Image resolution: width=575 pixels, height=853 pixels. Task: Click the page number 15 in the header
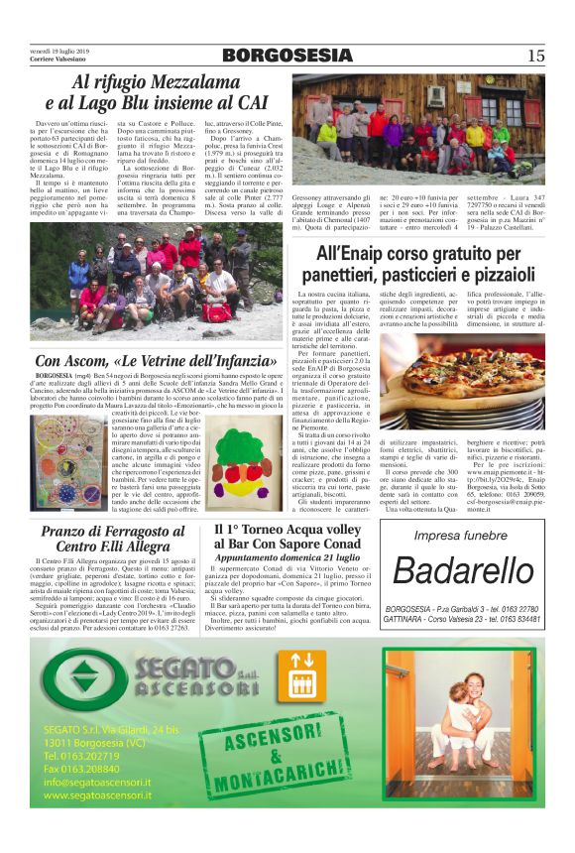[x=535, y=56]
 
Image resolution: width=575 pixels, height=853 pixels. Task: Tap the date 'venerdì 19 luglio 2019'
[x=58, y=49]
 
